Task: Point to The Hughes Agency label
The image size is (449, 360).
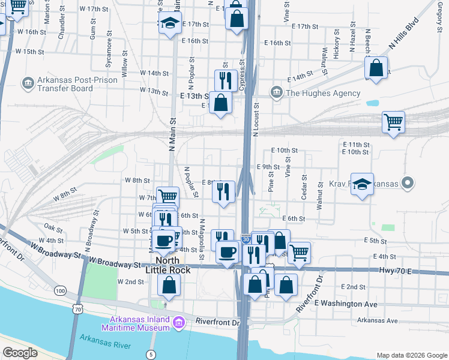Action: pyautogui.click(x=323, y=93)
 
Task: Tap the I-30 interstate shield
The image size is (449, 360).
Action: pyautogui.click(x=246, y=239)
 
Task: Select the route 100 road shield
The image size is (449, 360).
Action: pyautogui.click(x=60, y=291)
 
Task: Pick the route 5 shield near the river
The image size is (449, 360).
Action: pyautogui.click(x=151, y=355)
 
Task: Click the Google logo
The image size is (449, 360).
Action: pyautogui.click(x=20, y=353)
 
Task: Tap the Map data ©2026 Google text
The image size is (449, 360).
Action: pyautogui.click(x=411, y=355)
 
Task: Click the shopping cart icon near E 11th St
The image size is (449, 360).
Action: pyautogui.click(x=393, y=122)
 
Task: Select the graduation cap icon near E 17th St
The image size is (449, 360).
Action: pyautogui.click(x=170, y=24)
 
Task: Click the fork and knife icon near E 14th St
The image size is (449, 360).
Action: pyautogui.click(x=225, y=79)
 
